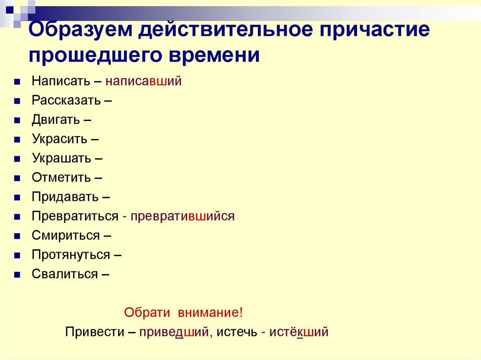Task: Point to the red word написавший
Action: (143, 81)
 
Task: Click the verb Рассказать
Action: (66, 100)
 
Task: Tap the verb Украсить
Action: (60, 139)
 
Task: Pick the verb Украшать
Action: (62, 158)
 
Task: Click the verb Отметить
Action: (61, 178)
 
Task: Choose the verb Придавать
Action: (65, 197)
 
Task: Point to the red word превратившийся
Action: (182, 216)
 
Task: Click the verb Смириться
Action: (66, 236)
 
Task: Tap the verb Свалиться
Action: (65, 274)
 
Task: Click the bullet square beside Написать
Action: (17, 82)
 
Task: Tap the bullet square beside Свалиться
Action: (17, 275)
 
